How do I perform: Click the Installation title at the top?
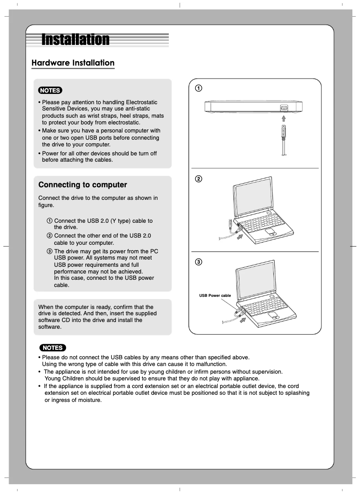tap(75, 40)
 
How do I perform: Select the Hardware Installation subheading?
tap(73, 63)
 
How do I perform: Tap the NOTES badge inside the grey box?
tap(50, 90)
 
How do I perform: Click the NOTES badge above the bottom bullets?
tap(53, 348)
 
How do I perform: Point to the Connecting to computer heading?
tap(83, 185)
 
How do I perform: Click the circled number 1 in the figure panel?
tap(198, 88)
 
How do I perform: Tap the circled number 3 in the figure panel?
tap(198, 262)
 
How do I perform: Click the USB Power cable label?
tap(215, 296)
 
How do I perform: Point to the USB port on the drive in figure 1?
tap(284, 108)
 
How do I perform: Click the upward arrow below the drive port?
tap(284, 118)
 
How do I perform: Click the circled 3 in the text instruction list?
tap(49, 251)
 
